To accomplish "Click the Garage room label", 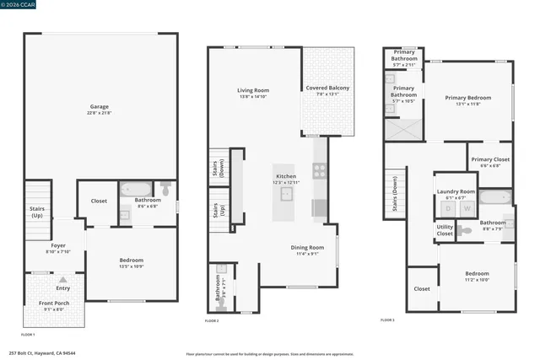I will click(x=100, y=107).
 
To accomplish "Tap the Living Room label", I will click(x=252, y=90).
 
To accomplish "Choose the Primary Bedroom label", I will click(x=467, y=98).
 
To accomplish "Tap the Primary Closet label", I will click(x=490, y=159).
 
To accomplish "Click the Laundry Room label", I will click(x=456, y=192).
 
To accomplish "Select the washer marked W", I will click(x=467, y=207).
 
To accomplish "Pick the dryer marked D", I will click(x=447, y=207).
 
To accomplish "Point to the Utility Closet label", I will click(x=445, y=229).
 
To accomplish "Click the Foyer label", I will click(x=58, y=245).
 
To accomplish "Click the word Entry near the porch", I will click(x=63, y=276).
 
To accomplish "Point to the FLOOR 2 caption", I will click(x=212, y=321).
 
